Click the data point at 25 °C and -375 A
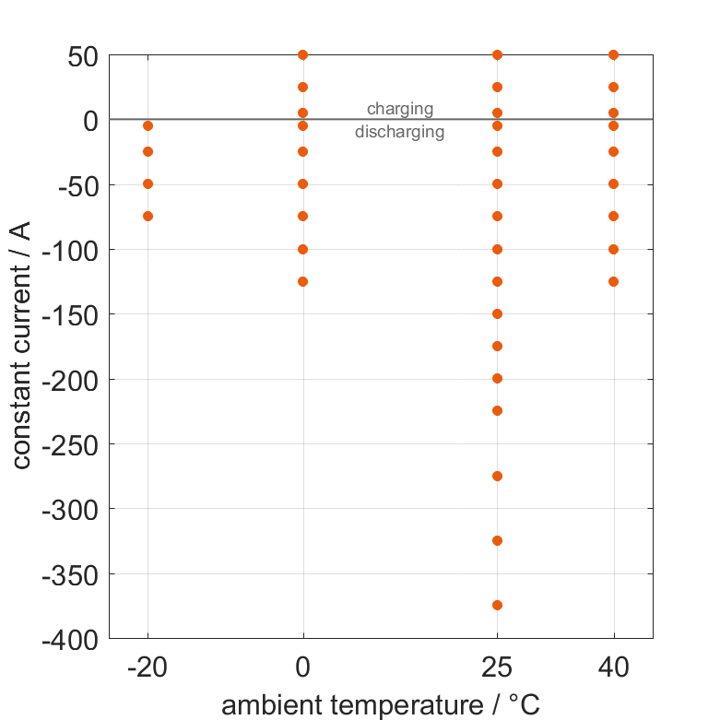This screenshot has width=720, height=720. (497, 605)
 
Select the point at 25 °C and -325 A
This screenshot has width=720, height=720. (497, 540)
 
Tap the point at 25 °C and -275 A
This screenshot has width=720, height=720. (497, 476)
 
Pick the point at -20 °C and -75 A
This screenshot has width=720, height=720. (148, 217)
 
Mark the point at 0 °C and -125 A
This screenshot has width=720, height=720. (303, 281)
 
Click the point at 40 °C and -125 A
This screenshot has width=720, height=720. (614, 281)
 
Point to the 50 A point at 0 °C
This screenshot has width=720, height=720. (303, 55)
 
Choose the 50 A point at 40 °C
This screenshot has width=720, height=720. (614, 55)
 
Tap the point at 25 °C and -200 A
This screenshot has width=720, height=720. (497, 378)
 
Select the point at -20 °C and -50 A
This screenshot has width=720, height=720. (148, 184)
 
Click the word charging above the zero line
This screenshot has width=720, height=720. (399, 109)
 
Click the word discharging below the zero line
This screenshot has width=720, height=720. (399, 132)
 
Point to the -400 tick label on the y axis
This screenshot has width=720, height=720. (68, 639)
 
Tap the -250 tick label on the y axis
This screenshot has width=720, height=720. (68, 444)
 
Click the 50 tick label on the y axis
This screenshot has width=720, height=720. (83, 56)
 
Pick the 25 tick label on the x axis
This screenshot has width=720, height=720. (497, 668)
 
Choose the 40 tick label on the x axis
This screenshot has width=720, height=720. (614, 668)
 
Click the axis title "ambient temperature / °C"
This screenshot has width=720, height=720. (381, 705)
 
